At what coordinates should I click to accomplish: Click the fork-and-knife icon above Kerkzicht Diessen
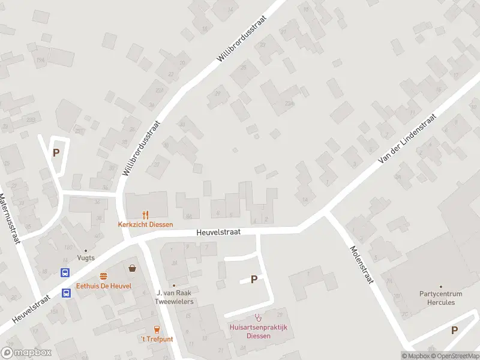coord(145,215)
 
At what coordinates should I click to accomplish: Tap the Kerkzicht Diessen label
coord(145,225)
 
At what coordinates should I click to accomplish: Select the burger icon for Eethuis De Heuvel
coord(103,276)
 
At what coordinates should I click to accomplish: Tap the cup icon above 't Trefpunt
coord(157,329)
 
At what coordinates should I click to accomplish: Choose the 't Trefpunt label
coord(157,339)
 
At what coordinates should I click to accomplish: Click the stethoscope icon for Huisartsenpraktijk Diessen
coord(259,317)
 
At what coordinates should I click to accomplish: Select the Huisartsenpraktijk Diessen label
coord(259,331)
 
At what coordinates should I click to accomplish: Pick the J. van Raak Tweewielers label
coord(174,297)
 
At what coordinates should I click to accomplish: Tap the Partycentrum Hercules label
coord(441,298)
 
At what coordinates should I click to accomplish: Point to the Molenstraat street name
coord(362,266)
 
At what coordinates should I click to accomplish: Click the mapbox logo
coord(26,353)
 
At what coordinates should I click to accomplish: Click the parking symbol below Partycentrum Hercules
coord(454,330)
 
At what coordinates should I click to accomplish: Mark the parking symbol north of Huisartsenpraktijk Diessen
coord(254,279)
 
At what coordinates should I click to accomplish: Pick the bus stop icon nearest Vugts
coord(65,272)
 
